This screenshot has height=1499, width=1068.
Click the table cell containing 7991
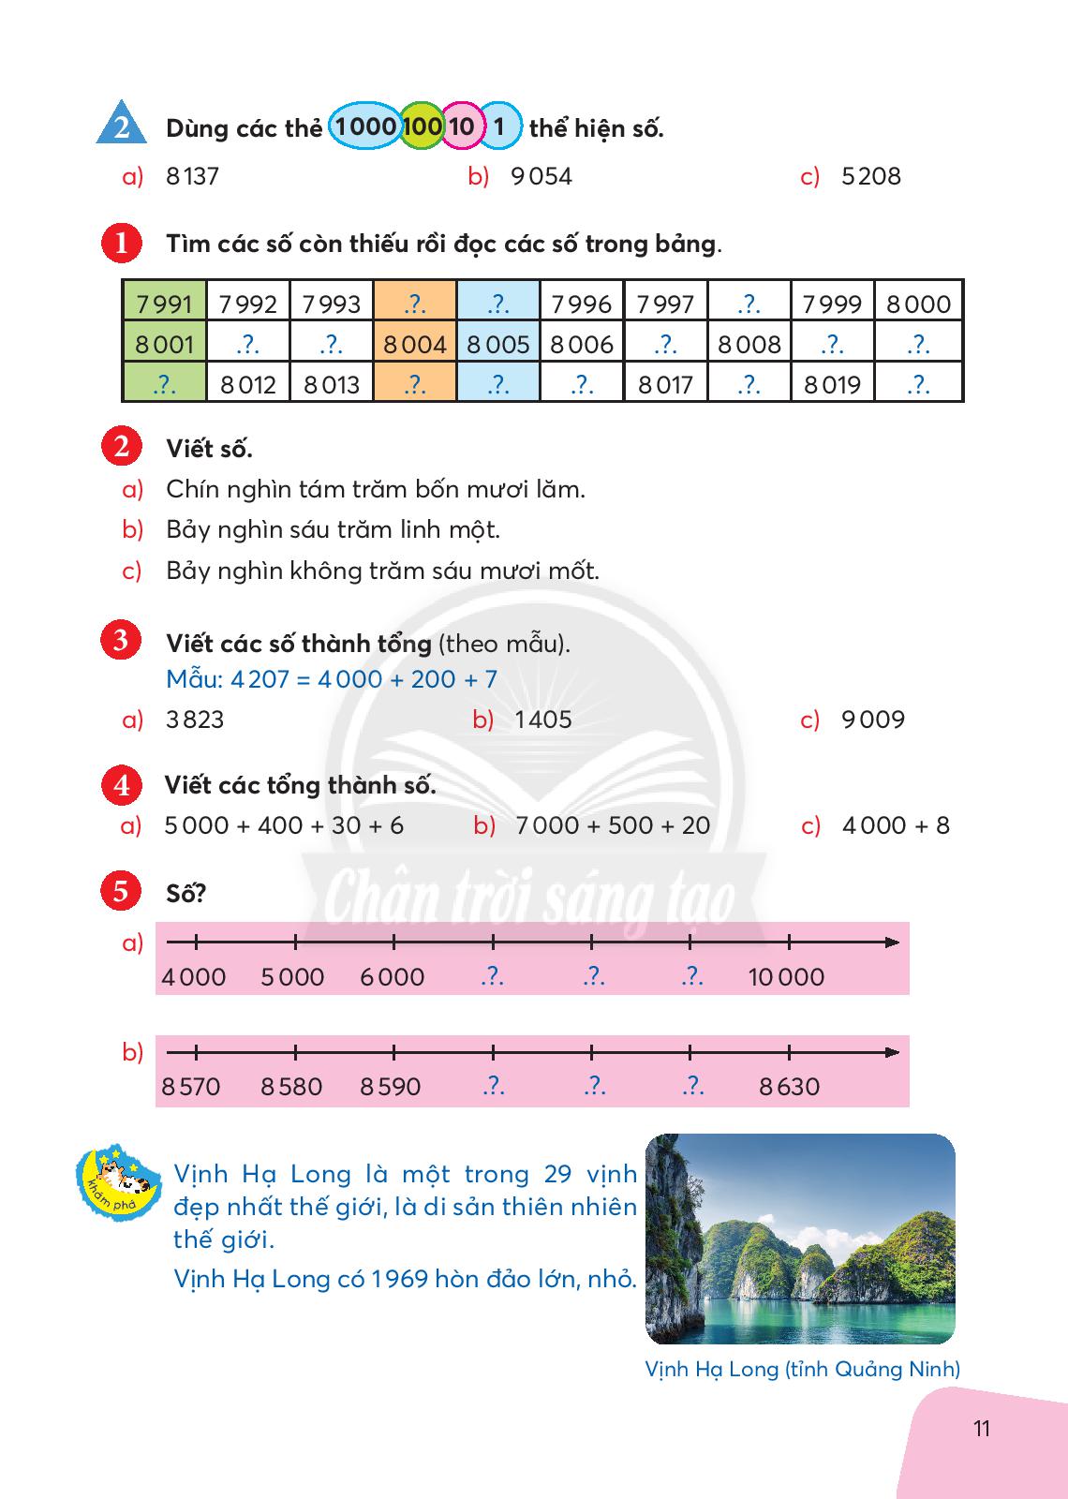click(x=164, y=304)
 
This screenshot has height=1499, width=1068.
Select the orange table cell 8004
click(x=415, y=345)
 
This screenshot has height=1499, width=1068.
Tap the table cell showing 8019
click(x=832, y=385)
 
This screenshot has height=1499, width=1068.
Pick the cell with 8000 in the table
click(x=918, y=304)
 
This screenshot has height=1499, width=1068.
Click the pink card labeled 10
click(x=461, y=126)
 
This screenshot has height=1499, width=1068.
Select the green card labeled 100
click(x=422, y=126)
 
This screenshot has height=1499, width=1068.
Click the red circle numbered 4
click(x=121, y=785)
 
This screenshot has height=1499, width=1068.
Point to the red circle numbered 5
click(x=121, y=891)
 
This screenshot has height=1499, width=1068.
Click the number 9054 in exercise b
click(x=541, y=176)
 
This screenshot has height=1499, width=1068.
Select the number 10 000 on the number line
click(x=786, y=977)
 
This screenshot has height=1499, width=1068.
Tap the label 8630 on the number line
click(x=789, y=1087)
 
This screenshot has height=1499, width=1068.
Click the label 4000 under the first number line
click(x=194, y=977)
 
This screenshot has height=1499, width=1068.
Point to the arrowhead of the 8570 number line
click(x=892, y=1052)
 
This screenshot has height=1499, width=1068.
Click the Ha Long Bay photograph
click(x=800, y=1239)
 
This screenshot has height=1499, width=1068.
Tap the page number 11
click(x=982, y=1428)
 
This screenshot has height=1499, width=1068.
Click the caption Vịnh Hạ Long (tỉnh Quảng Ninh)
click(x=802, y=1369)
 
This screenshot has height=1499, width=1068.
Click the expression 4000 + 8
click(x=896, y=825)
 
